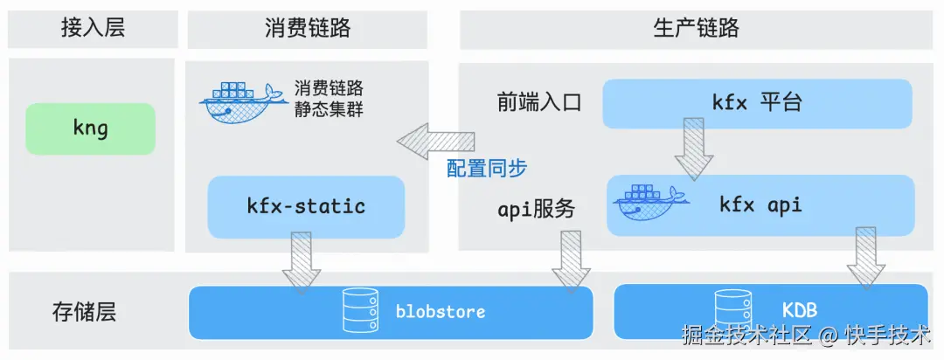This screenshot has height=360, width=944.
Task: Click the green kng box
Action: pyautogui.click(x=90, y=128)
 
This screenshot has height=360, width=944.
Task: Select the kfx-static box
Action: pyautogui.click(x=306, y=206)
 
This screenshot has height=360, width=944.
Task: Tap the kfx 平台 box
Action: pyautogui.click(x=758, y=103)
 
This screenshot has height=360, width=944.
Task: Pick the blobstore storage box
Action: pyautogui.click(x=391, y=311)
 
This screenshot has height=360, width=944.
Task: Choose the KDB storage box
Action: pyautogui.click(x=770, y=311)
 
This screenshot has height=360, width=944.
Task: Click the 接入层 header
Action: pyautogui.click(x=92, y=27)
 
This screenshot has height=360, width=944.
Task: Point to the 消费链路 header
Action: pyautogui.click(x=308, y=27)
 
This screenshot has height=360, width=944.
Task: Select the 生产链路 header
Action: pyautogui.click(x=696, y=27)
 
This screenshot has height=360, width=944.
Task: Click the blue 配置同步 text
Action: pyautogui.click(x=487, y=169)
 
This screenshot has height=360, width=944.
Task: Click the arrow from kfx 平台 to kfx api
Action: pyautogui.click(x=694, y=148)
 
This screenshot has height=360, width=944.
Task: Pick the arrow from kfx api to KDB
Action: pyautogui.click(x=865, y=257)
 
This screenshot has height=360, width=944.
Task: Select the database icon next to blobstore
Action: pyautogui.click(x=362, y=312)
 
